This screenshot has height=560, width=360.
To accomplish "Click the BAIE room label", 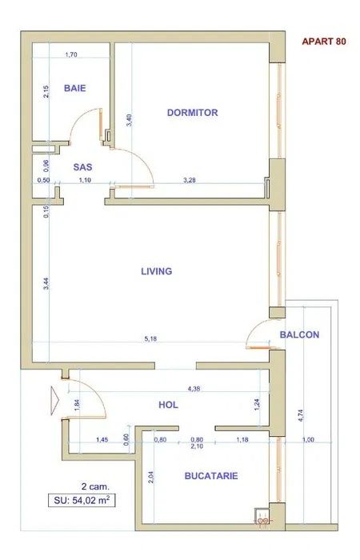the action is pyautogui.click(x=75, y=88).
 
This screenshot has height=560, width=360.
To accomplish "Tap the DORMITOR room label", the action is pyautogui.click(x=193, y=113).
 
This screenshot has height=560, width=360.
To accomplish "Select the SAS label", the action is pyautogui.click(x=82, y=167).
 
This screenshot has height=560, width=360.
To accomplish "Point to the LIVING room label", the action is pyautogui.click(x=157, y=271).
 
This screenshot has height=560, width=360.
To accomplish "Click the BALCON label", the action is pyautogui.click(x=299, y=334).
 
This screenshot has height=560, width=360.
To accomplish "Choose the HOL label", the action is pyautogui.click(x=168, y=405).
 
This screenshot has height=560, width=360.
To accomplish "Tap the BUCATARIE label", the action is pyautogui.click(x=211, y=476).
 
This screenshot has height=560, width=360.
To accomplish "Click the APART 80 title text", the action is pyautogui.click(x=324, y=42).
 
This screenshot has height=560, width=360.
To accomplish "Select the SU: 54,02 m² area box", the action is pyautogui.click(x=82, y=500).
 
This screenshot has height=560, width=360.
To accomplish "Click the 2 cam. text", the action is pyautogui.click(x=96, y=486).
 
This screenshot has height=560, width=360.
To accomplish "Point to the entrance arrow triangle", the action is pyautogui.click(x=54, y=401).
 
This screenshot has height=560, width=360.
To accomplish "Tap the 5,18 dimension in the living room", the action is pyautogui.click(x=150, y=339).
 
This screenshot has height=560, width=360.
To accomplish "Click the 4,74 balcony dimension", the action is pyautogui.click(x=301, y=415).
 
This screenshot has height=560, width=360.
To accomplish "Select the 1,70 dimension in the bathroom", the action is pyautogui.click(x=71, y=54).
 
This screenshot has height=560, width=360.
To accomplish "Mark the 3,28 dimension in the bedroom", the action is pyautogui.click(x=190, y=180).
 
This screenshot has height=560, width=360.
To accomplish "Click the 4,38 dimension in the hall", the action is pyautogui.click(x=194, y=389).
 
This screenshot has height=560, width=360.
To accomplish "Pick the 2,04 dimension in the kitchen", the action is pyautogui.click(x=150, y=478).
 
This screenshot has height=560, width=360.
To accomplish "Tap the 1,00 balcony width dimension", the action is pyautogui.click(x=308, y=440).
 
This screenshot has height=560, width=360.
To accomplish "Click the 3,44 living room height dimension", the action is pyautogui.click(x=46, y=283).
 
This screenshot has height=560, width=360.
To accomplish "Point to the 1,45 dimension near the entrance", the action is pyautogui.click(x=102, y=440).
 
